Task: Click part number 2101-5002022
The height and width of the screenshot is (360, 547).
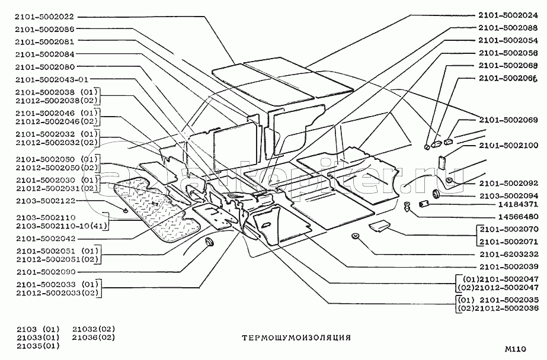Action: click(x=45, y=17)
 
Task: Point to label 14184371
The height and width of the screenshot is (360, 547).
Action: click(x=514, y=205)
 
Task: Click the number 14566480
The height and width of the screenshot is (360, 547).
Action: click(x=514, y=217)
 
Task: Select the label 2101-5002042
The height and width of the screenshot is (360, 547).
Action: click(x=45, y=239)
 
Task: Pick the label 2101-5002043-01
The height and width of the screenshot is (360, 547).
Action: click(x=52, y=79)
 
